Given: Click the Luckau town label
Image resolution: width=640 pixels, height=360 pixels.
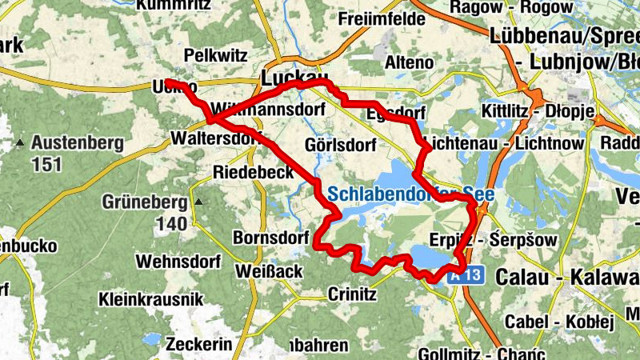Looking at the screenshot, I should (x=289, y=78).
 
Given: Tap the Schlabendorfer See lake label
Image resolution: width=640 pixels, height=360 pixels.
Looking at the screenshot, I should (x=406, y=194).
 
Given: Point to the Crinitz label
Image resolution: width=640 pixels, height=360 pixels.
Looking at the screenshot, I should (x=352, y=294).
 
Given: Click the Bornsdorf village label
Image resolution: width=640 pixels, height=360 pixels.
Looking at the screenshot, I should (x=270, y=238).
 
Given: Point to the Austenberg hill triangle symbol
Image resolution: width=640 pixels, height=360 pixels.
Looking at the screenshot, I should (x=20, y=143).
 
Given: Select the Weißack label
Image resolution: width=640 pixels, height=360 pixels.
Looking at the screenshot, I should (x=269, y=272).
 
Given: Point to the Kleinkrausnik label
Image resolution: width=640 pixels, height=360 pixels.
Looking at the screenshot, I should (x=147, y=300).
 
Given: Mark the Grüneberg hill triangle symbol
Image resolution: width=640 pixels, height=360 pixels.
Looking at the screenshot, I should (x=199, y=202).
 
